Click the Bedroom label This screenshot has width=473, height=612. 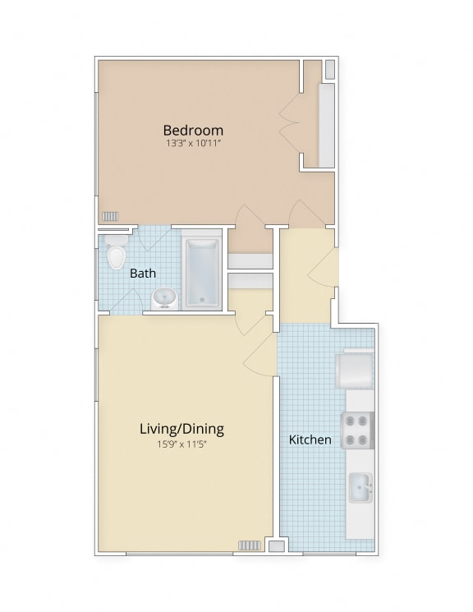193,130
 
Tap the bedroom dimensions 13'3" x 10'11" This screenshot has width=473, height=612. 194,143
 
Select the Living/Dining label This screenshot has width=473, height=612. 181,429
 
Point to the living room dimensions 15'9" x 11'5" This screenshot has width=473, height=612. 181,444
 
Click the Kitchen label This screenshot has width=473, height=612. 310,439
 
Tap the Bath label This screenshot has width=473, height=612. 142,274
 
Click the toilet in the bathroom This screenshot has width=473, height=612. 116,252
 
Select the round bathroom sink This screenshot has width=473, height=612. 165,298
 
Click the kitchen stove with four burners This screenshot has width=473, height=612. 358,430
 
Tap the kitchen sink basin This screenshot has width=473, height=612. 360,488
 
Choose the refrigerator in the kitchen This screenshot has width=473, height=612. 355,370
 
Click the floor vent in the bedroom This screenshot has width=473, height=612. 110,216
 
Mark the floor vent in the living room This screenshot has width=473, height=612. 250,545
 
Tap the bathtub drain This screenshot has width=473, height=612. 202,300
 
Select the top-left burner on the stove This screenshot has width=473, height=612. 350,421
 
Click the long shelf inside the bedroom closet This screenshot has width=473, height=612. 327,126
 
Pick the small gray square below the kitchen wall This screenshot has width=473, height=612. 277,546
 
